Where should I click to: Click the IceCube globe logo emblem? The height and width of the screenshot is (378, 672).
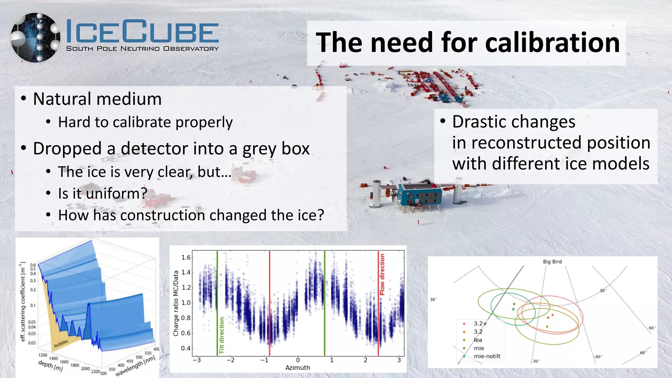click(x=35, y=38)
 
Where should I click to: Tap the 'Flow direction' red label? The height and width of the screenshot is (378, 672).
click(x=382, y=274)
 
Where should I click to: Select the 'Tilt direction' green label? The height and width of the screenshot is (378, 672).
click(x=222, y=335)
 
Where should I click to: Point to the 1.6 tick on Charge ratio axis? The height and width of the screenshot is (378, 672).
click(x=186, y=258)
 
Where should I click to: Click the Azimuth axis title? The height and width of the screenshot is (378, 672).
click(x=297, y=367)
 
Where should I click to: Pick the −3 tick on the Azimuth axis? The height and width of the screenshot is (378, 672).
click(x=197, y=360)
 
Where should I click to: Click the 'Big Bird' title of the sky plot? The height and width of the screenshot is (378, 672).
click(x=552, y=262)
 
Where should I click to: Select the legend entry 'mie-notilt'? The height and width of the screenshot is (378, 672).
click(x=487, y=356)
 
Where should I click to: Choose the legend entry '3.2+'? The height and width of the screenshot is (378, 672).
click(x=480, y=324)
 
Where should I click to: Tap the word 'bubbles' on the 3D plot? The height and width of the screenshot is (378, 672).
click(x=61, y=343)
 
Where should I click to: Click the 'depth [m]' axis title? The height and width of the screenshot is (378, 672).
click(x=51, y=366)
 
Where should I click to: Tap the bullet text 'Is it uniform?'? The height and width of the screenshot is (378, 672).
click(x=102, y=194)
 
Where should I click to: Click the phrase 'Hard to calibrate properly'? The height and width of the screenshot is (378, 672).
click(x=145, y=122)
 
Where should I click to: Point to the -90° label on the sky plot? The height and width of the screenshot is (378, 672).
click(x=651, y=328)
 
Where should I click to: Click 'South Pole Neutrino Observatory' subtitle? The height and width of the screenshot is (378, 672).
click(x=142, y=49)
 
